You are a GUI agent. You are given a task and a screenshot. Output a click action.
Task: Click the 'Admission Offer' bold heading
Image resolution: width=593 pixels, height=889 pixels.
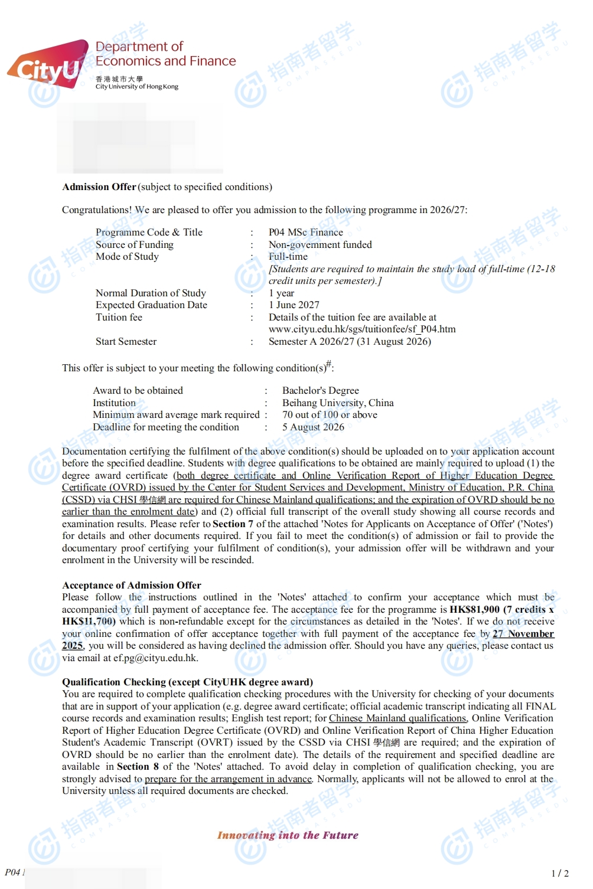[99, 187]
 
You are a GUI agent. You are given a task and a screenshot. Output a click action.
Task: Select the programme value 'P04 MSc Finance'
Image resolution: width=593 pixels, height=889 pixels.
[305, 233]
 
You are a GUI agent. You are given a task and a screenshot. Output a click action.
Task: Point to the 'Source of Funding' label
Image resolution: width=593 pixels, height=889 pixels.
[134, 244]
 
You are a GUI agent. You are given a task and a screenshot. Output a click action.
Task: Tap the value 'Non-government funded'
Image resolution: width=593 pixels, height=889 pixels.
[320, 244]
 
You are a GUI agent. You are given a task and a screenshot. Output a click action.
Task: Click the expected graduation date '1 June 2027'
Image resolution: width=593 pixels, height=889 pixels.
[294, 305]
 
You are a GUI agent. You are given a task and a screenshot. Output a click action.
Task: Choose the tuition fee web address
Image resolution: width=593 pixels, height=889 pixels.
[361, 329]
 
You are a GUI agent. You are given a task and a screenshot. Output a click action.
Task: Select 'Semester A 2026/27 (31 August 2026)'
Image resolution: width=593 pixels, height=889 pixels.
[350, 342]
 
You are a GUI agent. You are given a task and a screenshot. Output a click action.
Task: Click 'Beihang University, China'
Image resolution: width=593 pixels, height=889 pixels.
[338, 403]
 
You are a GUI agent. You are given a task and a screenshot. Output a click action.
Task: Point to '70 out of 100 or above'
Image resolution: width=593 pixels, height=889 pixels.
[330, 415]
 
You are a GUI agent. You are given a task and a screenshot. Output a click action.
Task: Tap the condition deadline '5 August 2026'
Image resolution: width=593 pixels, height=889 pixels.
[313, 427]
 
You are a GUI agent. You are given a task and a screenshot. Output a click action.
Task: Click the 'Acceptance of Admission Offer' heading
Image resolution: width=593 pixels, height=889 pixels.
[132, 585]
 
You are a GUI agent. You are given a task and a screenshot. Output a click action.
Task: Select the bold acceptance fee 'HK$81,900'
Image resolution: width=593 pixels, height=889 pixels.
[474, 609]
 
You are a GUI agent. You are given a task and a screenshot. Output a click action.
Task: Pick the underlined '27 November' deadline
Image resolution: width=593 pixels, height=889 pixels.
[523, 634]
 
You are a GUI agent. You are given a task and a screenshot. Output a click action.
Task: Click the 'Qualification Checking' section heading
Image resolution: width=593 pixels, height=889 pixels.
[187, 682]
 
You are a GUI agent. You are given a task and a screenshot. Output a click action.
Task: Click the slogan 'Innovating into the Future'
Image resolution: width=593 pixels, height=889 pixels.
[288, 835]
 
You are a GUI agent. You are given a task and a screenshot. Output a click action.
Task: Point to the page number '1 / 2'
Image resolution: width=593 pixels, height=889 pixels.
[559, 873]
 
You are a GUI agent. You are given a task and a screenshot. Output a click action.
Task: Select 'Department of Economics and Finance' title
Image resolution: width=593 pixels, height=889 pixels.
[165, 54]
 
